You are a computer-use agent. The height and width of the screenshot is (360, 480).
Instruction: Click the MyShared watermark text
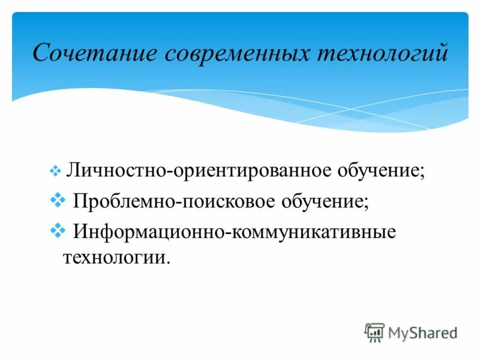[422, 332]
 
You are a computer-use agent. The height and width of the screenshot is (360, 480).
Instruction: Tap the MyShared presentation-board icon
[374, 332]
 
